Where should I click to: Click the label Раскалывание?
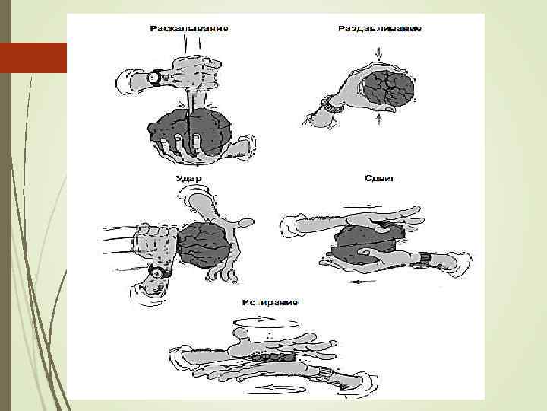tap(189, 28)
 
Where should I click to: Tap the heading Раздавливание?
tap(379, 28)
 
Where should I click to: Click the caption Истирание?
tap(270, 302)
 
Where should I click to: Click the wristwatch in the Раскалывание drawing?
tap(155, 77)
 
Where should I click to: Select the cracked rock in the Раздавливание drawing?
tap(387, 87)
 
